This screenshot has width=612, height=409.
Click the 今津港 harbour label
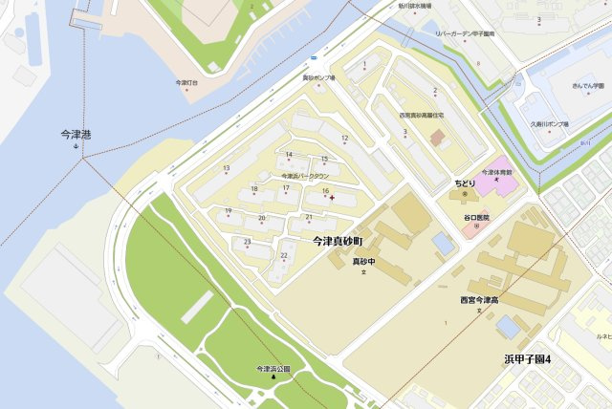tap(76, 134)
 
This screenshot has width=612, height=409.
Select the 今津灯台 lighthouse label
tap(186, 83)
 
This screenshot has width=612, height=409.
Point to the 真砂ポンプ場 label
tap(318, 77)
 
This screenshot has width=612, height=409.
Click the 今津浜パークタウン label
tap(305, 177)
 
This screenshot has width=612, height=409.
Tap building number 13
tap(227, 169)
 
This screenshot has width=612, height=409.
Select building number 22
tap(284, 256)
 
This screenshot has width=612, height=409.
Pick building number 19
tap(229, 211)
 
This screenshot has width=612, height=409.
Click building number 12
tap(344, 140)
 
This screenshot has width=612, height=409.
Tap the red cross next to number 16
tap(332, 198)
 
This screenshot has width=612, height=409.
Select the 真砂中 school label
tap(362, 261)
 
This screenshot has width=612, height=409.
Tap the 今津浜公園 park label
tap(273, 368)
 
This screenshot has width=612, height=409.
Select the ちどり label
tap(464, 183)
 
